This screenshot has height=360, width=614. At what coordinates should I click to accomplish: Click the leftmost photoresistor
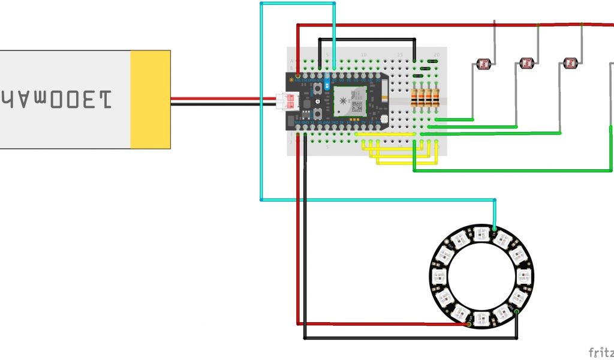(483, 62)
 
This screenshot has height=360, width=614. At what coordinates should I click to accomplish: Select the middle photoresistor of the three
(526, 62)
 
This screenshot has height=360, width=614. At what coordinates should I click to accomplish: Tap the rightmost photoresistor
(570, 62)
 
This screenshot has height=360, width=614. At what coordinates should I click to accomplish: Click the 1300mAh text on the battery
(58, 98)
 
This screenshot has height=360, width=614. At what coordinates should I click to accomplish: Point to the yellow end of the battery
(151, 99)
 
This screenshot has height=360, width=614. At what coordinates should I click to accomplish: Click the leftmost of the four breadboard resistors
(415, 98)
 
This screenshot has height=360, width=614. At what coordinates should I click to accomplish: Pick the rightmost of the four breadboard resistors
(437, 98)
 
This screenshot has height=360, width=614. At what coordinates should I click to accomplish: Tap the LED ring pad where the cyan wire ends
(493, 229)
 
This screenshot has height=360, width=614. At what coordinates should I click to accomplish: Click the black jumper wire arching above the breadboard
(366, 40)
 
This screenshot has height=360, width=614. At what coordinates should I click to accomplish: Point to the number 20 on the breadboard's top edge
(437, 55)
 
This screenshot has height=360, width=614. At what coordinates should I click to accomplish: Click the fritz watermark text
(600, 352)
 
